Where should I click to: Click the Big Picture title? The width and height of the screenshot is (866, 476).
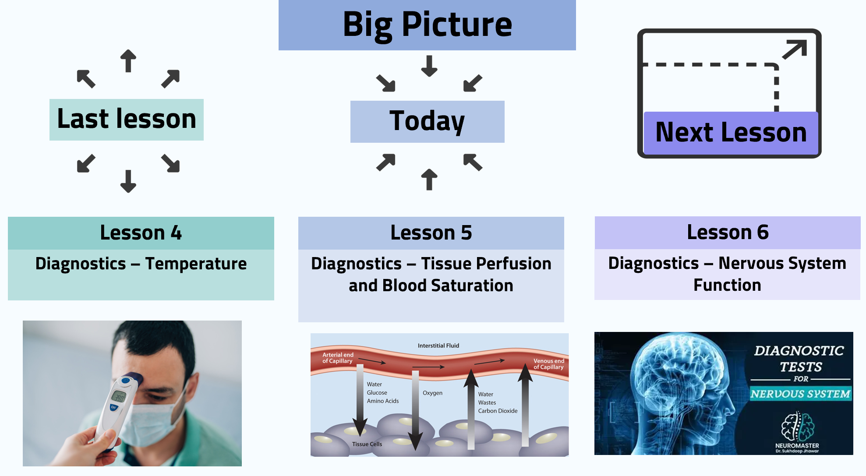point(427,25)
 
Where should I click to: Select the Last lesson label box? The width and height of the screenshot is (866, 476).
point(127,120)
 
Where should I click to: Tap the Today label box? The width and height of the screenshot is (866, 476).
point(427,121)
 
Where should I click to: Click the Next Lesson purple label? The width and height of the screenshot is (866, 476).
point(731,133)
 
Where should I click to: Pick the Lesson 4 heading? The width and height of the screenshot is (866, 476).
point(141,233)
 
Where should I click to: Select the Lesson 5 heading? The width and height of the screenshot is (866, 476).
point(431,233)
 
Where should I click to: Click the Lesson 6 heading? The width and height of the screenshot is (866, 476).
point(727,232)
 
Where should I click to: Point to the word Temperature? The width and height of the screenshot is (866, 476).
point(196,264)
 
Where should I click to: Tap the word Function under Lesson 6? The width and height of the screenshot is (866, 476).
point(727,285)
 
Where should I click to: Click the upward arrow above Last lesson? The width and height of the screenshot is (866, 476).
point(128,60)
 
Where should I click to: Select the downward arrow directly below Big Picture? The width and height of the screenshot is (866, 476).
point(429,66)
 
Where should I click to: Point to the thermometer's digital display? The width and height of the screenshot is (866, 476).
point(119,397)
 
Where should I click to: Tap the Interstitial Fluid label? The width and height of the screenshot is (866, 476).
point(438,346)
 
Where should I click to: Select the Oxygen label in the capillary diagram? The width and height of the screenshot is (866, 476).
point(432,393)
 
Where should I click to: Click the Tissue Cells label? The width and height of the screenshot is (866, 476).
point(367,444)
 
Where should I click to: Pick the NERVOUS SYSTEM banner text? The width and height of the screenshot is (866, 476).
point(800,394)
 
